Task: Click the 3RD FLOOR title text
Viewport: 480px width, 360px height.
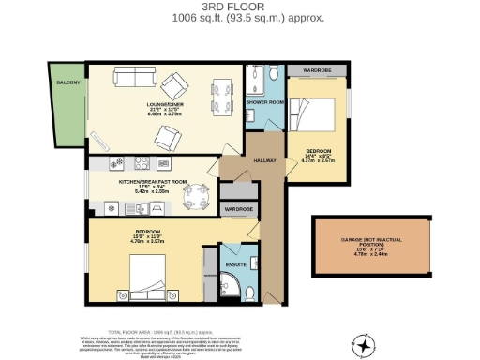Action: coord(239,7)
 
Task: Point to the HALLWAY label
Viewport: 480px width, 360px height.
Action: coord(266,160)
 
